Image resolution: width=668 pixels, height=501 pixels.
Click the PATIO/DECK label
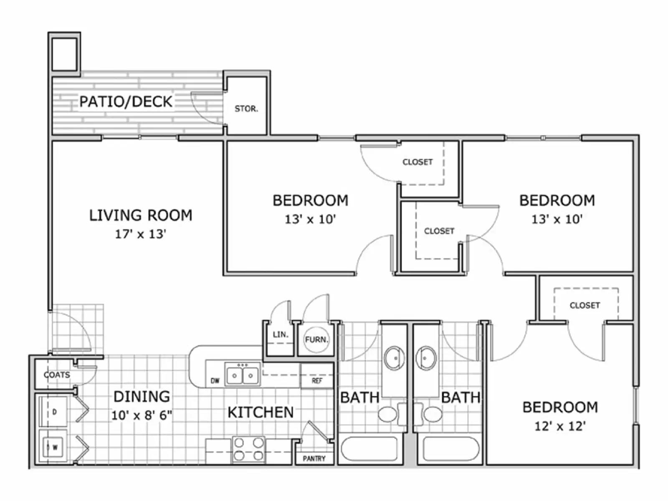tap(126, 101)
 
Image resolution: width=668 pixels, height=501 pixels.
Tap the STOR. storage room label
tap(246, 109)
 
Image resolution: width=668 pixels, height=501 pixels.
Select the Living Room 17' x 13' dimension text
tap(141, 234)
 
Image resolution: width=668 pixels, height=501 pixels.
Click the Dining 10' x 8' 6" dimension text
tap(142, 415)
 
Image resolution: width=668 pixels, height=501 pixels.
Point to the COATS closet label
tap(57, 375)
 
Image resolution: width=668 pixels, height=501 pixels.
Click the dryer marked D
tap(53, 412)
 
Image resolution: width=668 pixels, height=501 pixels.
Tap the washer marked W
tap(53, 447)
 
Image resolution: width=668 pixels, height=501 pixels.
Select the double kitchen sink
tap(242, 374)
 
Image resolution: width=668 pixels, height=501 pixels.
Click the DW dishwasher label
tap(215, 381)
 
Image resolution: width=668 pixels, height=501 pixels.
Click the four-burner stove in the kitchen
tap(248, 449)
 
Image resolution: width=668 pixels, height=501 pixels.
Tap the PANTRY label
tap(314, 458)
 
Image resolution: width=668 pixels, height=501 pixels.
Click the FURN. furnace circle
tap(316, 340)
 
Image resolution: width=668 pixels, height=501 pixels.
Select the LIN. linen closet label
tap(281, 335)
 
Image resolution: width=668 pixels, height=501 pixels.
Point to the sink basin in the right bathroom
tap(426, 358)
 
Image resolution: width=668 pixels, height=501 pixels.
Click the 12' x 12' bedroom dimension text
tap(560, 426)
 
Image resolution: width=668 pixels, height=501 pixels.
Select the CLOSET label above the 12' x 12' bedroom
tap(584, 306)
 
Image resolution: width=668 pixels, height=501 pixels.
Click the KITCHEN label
tap(261, 412)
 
